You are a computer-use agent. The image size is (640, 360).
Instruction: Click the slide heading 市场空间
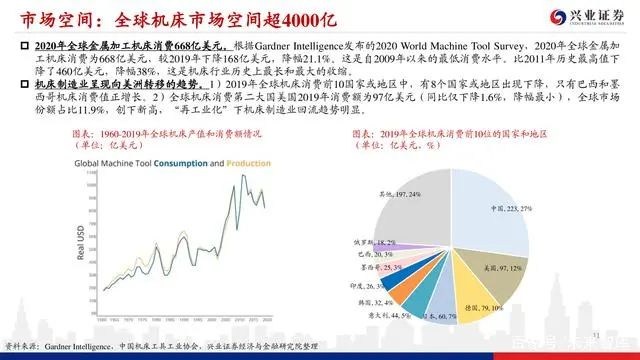pos(45,19)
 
